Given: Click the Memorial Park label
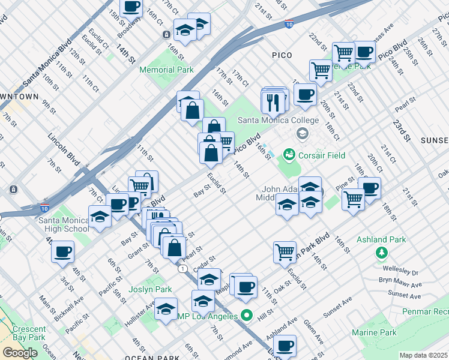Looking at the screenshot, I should point(166,70).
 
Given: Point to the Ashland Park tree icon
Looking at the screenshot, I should point(381,253).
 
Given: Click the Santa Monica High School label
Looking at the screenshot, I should point(63,224).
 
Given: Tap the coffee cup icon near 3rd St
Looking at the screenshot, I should point(62,253).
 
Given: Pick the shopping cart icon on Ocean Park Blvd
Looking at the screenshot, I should point(285,251).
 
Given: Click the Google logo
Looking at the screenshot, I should point(20,353).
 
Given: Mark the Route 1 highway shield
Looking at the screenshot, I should point(181,268).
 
